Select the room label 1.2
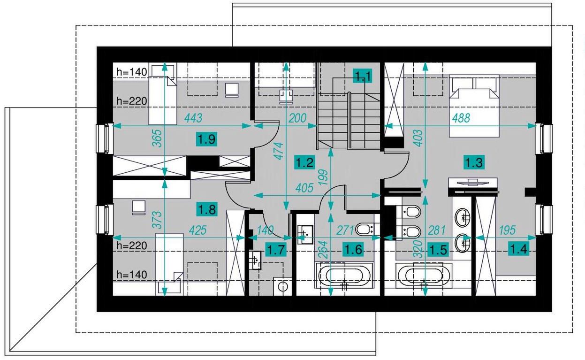pos(305,162)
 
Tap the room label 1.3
pos(474,162)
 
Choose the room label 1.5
pos(439,250)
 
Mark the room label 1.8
pos(207,209)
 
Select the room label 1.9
pos(207,139)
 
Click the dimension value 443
pos(193,118)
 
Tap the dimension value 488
pos(461,118)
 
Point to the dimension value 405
pos(304,188)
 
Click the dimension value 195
pos(508,230)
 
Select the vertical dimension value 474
pos(279,151)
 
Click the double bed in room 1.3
pos(474,106)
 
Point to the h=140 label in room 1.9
pos(132,72)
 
